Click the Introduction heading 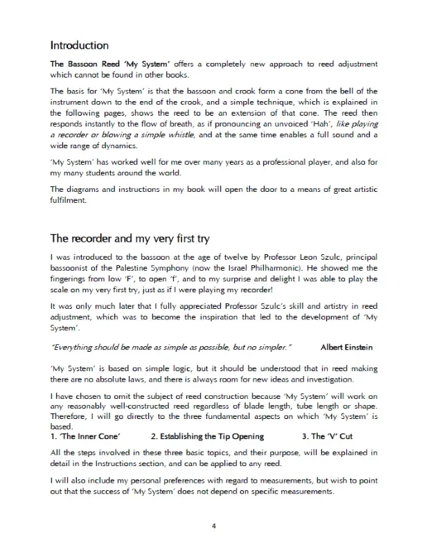coord(79,46)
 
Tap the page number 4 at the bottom coord(214,526)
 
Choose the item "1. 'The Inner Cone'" coord(86,437)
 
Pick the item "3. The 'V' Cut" coord(327,437)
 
